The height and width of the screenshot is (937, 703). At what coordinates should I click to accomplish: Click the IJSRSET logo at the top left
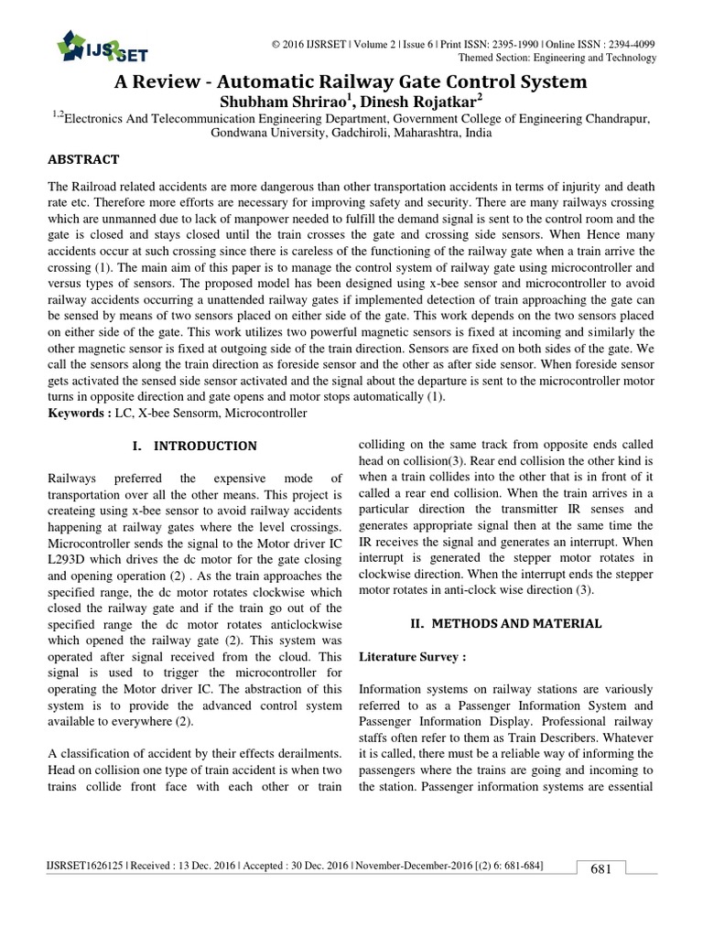coord(102,47)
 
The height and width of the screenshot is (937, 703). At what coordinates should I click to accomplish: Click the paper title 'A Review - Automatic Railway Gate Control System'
coord(350,81)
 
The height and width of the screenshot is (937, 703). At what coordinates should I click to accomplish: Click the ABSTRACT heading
coord(83,158)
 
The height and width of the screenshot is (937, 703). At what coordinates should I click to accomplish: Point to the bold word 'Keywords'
coord(76,414)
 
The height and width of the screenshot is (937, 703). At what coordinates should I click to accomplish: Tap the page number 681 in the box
coord(600,868)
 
